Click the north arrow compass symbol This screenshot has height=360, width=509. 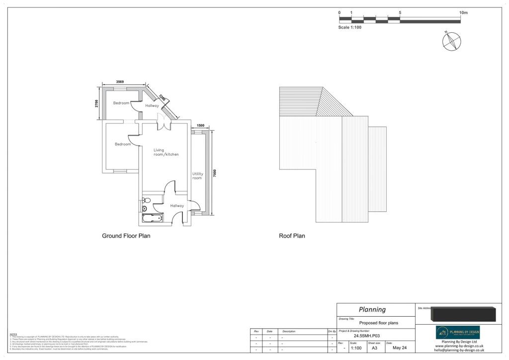[452, 41]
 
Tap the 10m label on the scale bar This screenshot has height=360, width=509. [463, 12]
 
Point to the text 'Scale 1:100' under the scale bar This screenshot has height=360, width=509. [350, 27]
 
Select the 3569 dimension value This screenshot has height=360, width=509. [120, 82]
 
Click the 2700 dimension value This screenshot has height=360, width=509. [97, 103]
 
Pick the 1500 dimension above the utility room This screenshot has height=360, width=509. [200, 126]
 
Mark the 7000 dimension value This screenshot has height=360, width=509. [215, 174]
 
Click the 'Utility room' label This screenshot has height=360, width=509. [197, 176]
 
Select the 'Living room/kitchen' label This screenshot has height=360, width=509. [166, 152]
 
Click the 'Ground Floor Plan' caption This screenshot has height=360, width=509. [126, 236]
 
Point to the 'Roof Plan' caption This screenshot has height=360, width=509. [292, 236]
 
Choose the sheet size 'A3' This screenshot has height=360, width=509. [374, 348]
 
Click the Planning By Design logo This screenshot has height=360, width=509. [458, 332]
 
